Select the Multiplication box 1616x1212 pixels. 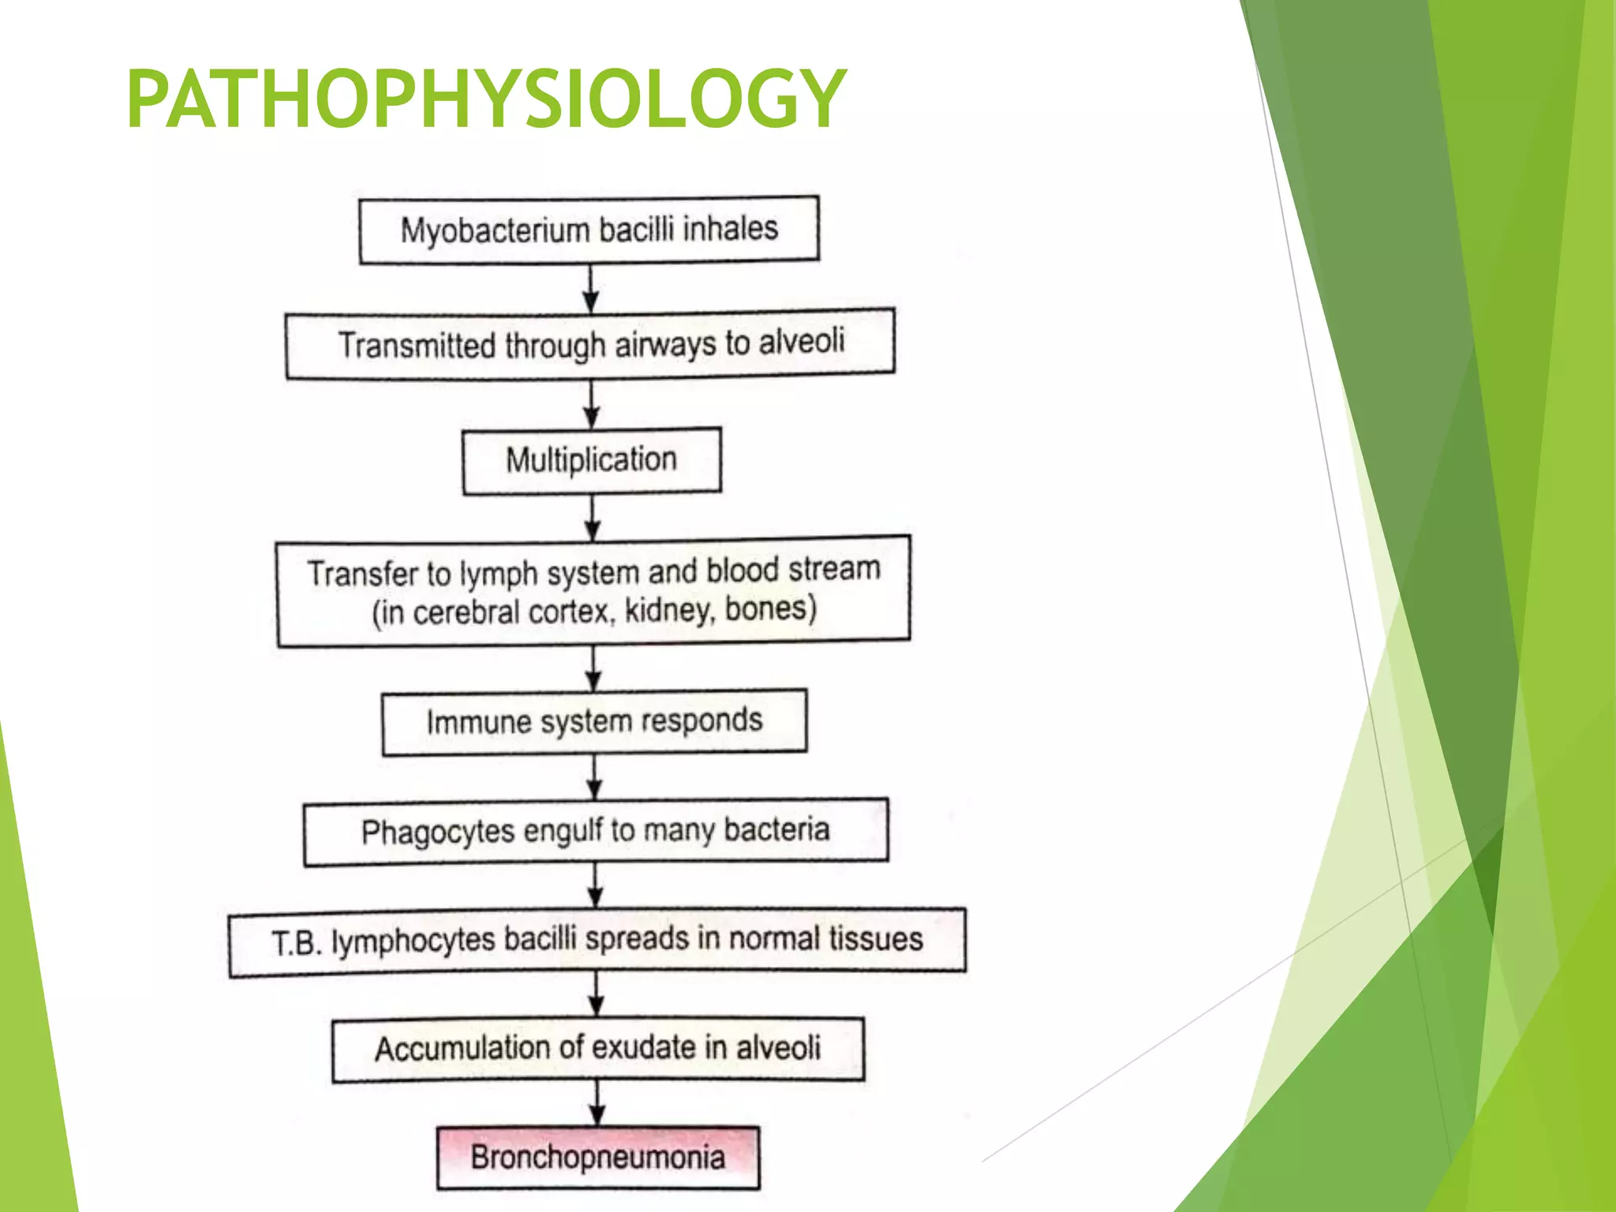coord(592,461)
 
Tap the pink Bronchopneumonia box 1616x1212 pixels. coord(598,1158)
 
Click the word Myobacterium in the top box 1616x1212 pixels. coord(495,231)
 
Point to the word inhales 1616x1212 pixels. coord(731,229)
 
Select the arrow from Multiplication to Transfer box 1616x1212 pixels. coord(593,518)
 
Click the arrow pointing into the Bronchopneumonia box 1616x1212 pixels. coord(597,1103)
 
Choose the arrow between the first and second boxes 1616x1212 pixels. coord(591,287)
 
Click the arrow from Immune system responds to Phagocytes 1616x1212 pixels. coord(594,777)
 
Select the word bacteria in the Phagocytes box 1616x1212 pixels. coord(776,829)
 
